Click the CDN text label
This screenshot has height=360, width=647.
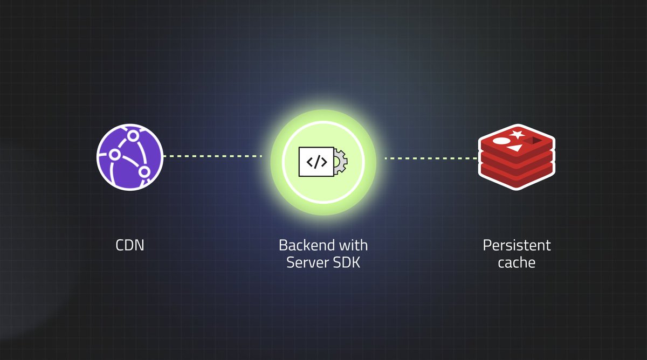point(130,246)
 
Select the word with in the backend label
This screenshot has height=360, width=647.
point(353,246)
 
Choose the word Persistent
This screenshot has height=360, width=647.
point(517,246)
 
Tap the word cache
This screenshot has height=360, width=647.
point(517,263)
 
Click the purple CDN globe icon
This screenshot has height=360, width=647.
point(129,156)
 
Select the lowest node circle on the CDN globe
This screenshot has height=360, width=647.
point(144,172)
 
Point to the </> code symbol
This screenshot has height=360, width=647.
point(316,161)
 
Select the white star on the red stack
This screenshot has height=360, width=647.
point(517,134)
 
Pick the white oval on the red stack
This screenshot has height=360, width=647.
point(501,142)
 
